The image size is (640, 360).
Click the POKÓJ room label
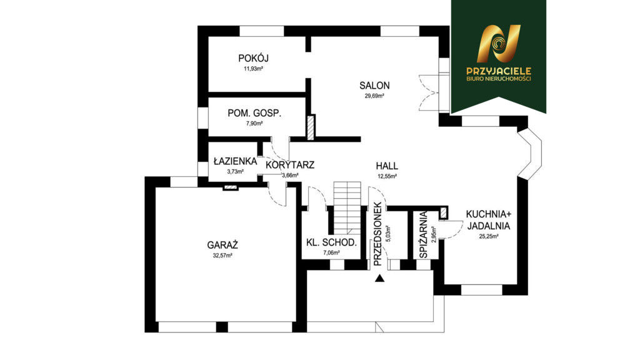253,58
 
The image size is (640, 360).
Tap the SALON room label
374,86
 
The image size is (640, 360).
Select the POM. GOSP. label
254,113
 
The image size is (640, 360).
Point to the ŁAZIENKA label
235,161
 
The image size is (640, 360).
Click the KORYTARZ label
290,165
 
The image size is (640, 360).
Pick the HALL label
386,166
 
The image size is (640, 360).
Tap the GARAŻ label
222,245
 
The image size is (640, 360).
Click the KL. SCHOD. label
331,242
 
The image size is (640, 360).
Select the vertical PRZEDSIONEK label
377,234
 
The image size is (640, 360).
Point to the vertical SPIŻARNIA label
423,235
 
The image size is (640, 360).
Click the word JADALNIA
489,226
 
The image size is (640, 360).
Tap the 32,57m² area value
222,256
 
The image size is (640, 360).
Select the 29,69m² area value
374,96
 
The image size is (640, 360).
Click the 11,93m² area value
253,69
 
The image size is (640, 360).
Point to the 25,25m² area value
489,236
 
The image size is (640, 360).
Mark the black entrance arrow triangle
380,278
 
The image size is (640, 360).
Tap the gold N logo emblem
499,44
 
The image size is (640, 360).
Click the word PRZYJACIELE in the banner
499,71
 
